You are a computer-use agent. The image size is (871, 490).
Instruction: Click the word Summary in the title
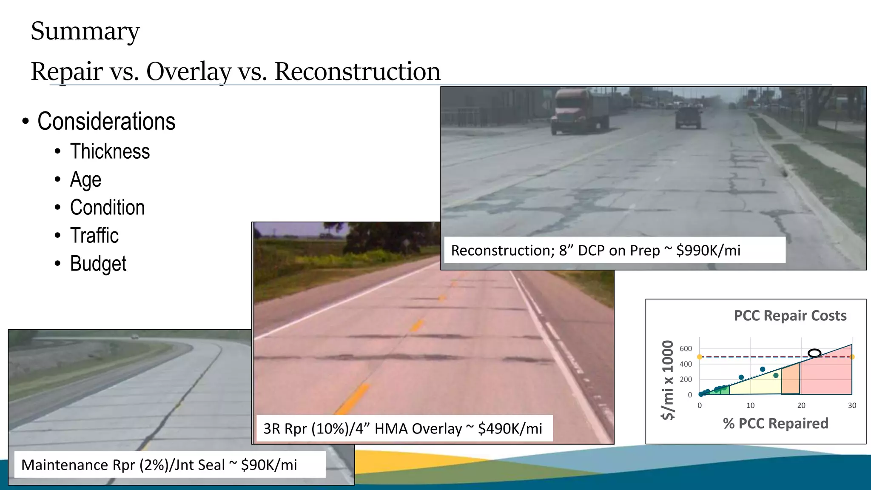pos(85,31)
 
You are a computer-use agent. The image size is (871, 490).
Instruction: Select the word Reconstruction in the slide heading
pos(357,71)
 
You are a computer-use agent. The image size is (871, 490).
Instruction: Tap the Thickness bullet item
pos(110,151)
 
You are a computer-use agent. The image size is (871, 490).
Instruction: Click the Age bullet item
pos(85,179)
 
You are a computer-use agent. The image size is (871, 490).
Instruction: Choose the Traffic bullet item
pos(94,236)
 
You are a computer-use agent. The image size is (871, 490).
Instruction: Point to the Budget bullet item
pos(98,264)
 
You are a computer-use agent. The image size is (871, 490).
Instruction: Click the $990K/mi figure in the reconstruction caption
pos(708,251)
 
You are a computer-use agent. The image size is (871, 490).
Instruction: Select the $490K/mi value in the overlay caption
pos(510,429)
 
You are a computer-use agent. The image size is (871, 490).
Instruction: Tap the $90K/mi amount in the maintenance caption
pos(269,465)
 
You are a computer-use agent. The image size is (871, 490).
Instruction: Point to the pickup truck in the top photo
pos(688,117)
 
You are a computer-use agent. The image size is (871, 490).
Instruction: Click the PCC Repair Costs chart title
pos(790,316)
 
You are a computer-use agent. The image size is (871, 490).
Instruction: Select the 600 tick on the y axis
pos(686,349)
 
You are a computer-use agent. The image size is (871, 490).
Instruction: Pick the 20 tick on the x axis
pos(801,406)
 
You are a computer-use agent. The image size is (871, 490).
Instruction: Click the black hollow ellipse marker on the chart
pos(814,353)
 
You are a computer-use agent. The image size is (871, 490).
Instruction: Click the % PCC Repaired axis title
pos(775,424)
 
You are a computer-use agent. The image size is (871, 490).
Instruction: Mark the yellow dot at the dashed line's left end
pos(700,357)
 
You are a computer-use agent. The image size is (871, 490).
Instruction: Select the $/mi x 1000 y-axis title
pos(668,380)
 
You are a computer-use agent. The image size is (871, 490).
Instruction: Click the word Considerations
pos(106,122)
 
